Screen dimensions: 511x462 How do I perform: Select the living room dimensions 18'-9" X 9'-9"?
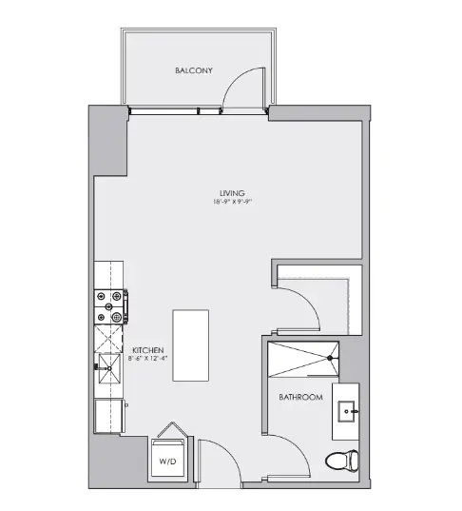pos(233,203)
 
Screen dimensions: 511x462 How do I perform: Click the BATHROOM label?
pos(300,397)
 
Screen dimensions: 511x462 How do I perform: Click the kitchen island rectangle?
pos(190,345)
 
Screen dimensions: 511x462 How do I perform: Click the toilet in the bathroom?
pos(342,462)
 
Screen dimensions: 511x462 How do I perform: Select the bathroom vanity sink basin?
pos(346,412)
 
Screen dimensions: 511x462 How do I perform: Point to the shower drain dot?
pos(330,359)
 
